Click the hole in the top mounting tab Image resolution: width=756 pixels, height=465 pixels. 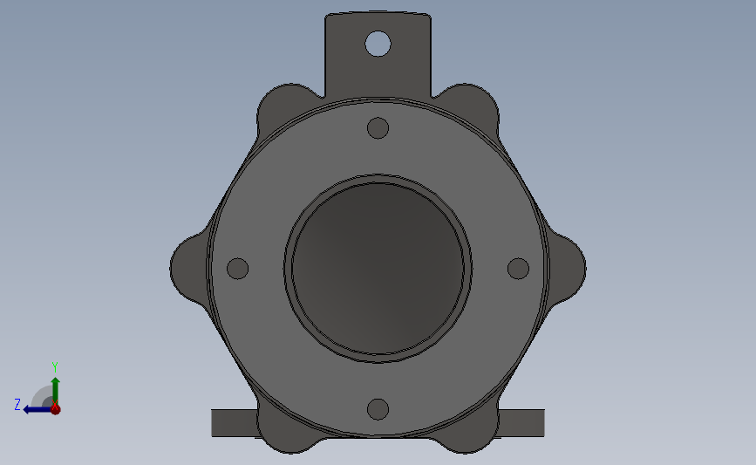pos(378,44)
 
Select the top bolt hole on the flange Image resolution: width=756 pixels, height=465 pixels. pos(378,128)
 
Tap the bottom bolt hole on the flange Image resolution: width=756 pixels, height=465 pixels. pos(378,409)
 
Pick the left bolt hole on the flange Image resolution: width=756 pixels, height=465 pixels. pos(238,269)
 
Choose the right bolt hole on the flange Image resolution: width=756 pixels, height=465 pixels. pos(518,269)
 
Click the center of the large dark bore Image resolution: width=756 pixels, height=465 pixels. pos(378,269)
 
